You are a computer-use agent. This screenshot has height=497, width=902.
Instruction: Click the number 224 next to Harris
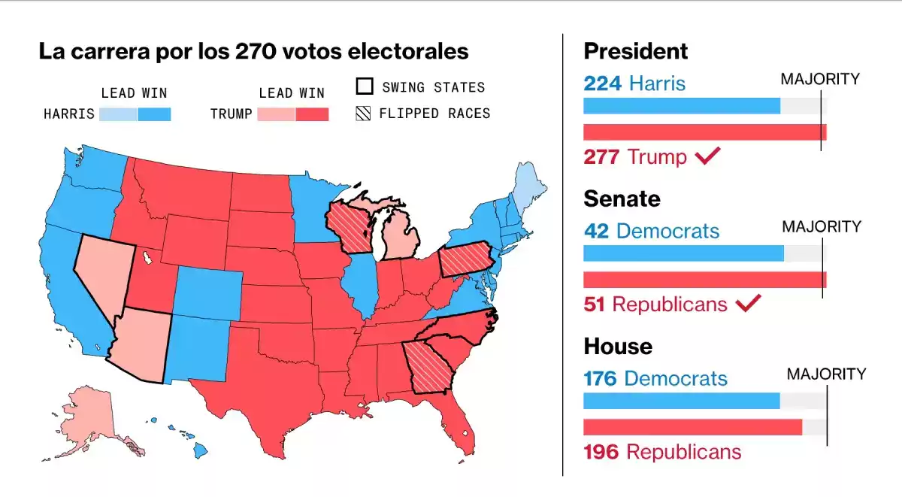pyautogui.click(x=602, y=83)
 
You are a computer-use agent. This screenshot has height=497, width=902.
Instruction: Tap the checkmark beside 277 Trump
pyautogui.click(x=708, y=156)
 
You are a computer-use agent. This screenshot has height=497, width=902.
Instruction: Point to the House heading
pyautogui.click(x=618, y=346)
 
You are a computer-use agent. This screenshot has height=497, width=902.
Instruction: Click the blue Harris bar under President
pyautogui.click(x=682, y=106)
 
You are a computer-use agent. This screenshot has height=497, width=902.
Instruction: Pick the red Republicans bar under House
pyautogui.click(x=692, y=426)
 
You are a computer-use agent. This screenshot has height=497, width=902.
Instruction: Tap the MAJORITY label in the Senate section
pyautogui.click(x=822, y=226)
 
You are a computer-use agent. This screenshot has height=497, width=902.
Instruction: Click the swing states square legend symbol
pyautogui.click(x=365, y=86)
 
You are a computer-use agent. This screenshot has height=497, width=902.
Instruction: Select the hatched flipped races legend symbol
pyautogui.click(x=365, y=114)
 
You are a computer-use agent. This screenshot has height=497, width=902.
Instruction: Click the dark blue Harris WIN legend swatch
pyautogui.click(x=154, y=114)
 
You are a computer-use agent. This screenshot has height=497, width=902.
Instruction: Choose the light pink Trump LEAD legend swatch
pyautogui.click(x=275, y=114)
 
